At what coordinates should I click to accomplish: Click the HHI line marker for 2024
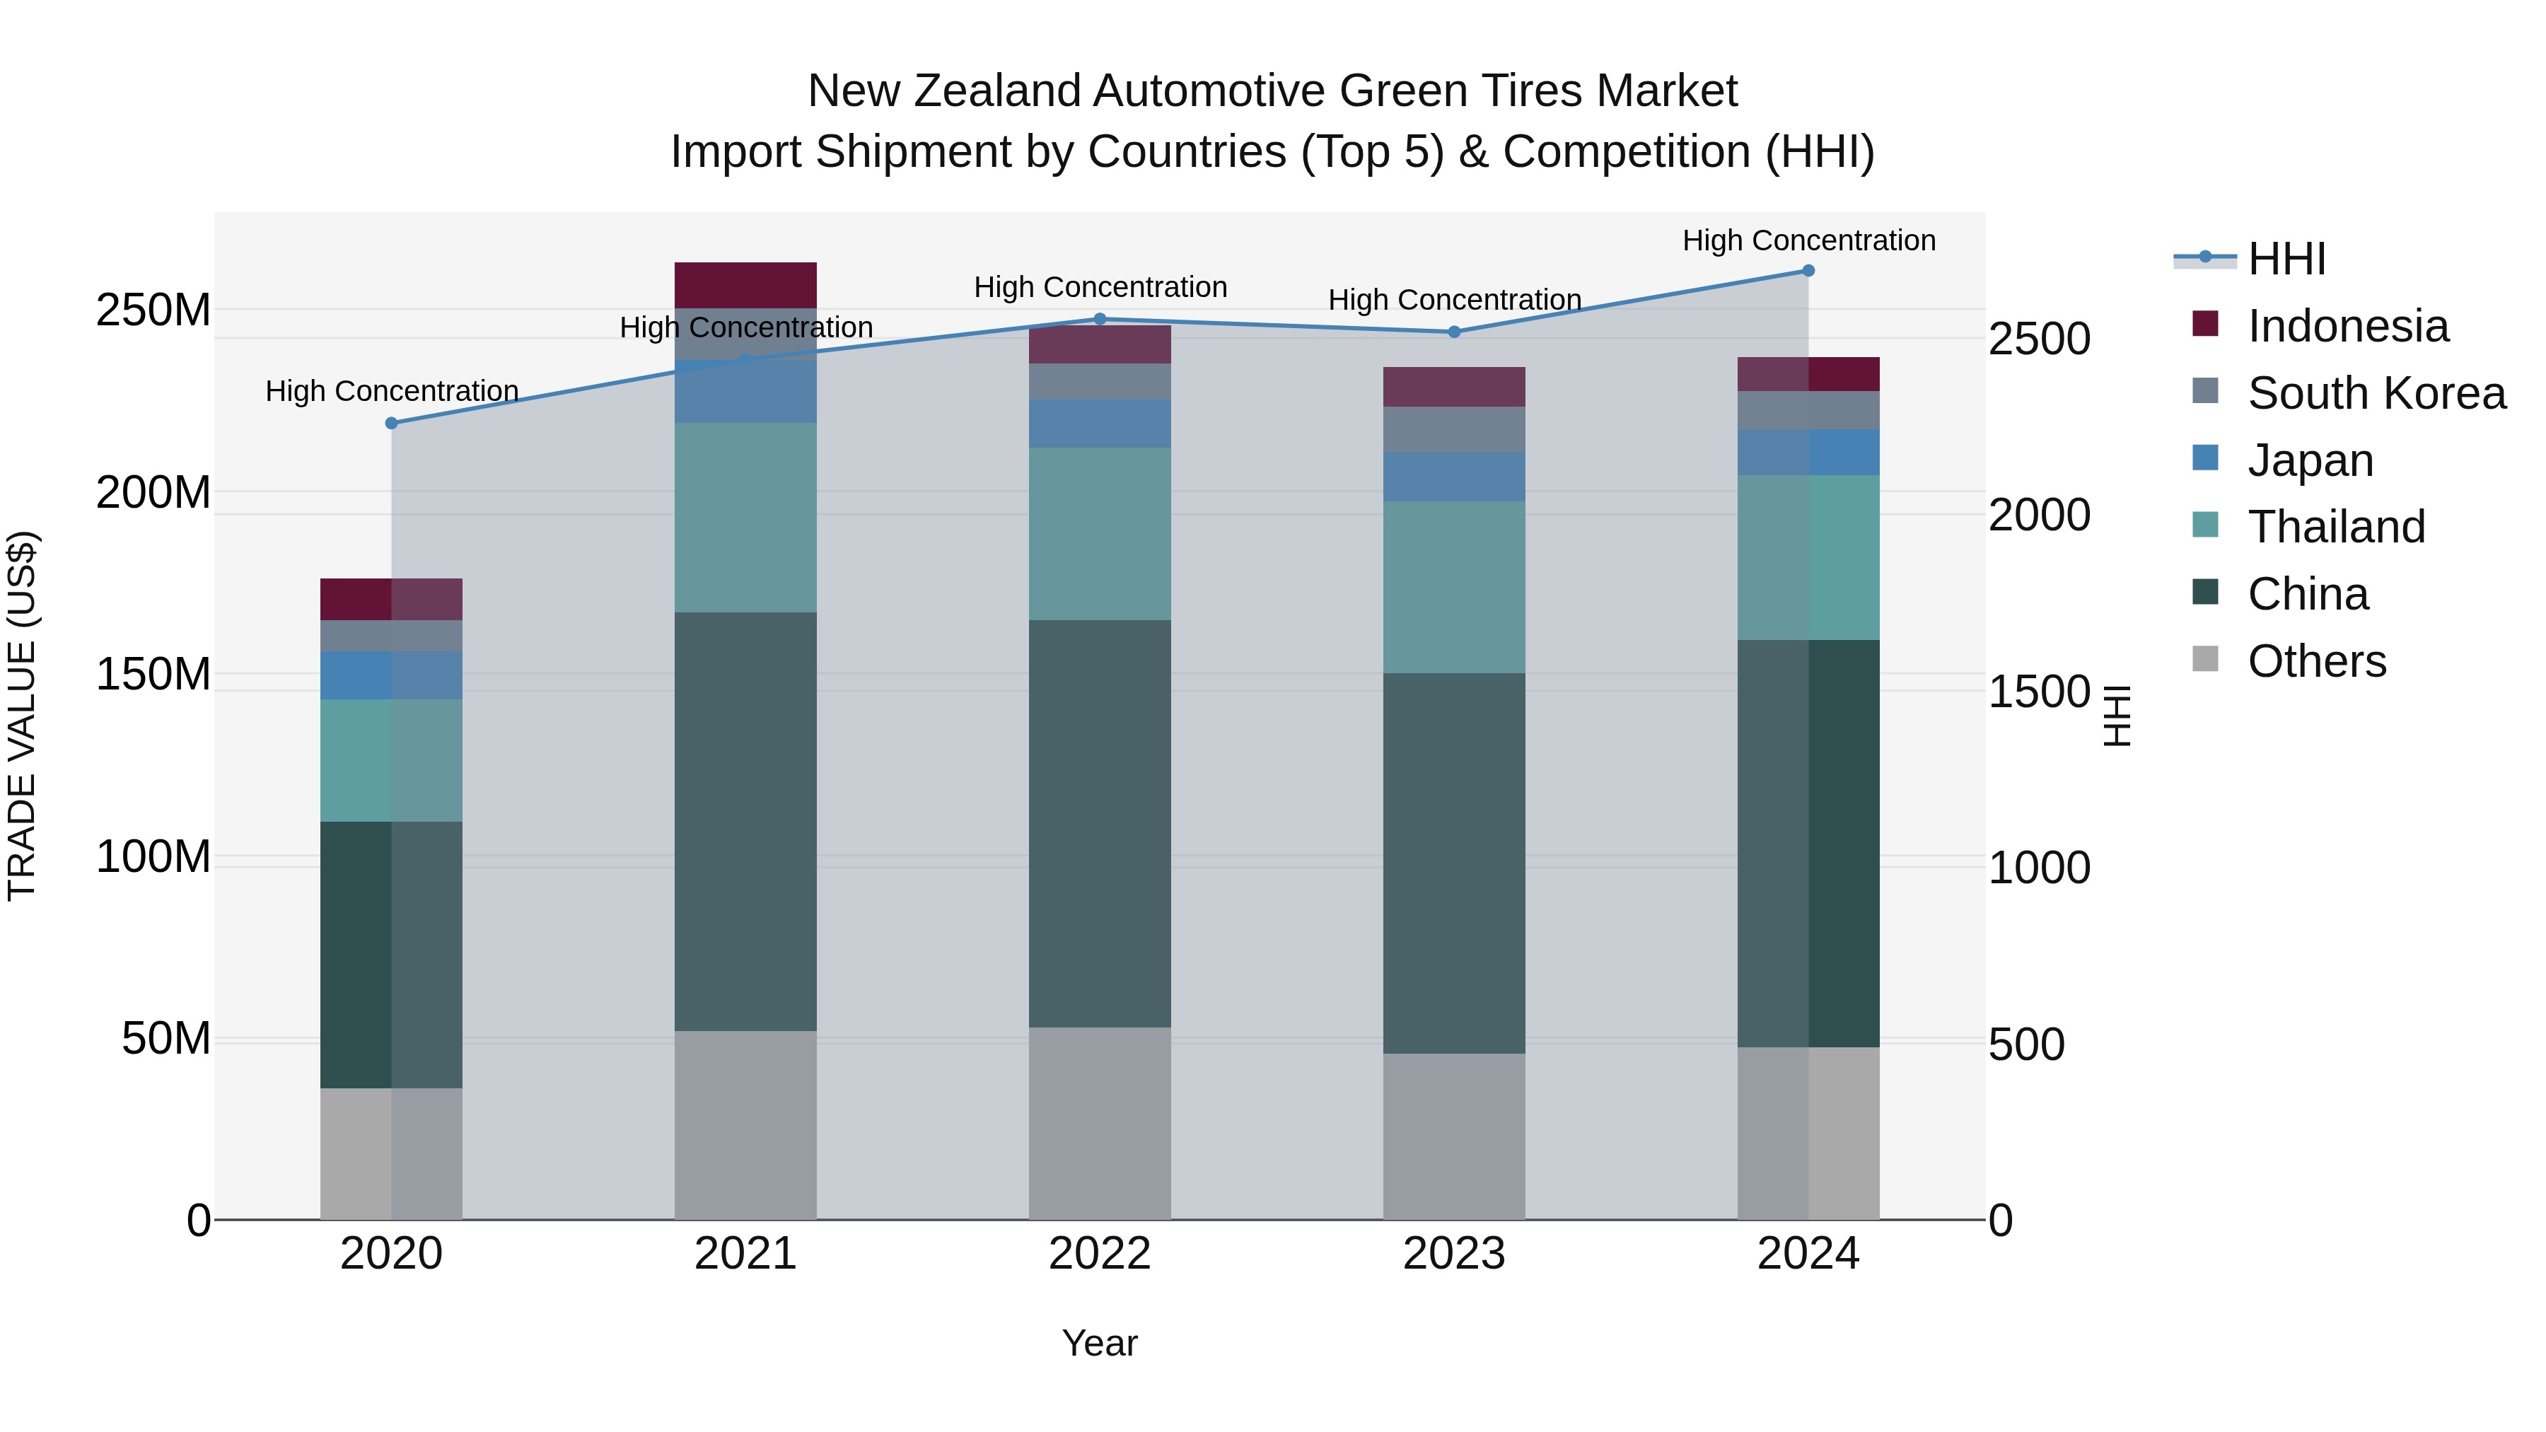pos(1808,271)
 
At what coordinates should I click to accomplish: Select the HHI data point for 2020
pos(391,423)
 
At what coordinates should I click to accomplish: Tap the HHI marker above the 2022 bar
pos(1100,319)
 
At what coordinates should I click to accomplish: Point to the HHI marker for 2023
pos(1454,332)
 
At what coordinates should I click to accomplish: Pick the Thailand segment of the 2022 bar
pos(1100,534)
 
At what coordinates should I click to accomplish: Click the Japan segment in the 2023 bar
pos(1454,477)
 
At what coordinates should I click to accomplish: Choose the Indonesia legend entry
pos(2347,326)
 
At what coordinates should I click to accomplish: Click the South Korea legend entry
pos(2376,393)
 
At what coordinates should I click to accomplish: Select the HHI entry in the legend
pos(2286,259)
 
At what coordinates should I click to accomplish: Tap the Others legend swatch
pos(2205,659)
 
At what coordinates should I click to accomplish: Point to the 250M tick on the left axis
pos(153,310)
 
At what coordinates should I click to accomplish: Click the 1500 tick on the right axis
pos(2038,692)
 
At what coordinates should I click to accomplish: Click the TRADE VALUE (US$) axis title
pos(22,716)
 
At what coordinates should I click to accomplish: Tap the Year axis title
pos(1100,1344)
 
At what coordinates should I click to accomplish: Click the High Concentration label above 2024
pos(1808,240)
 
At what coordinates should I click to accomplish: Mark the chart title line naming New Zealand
pos(1272,91)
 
